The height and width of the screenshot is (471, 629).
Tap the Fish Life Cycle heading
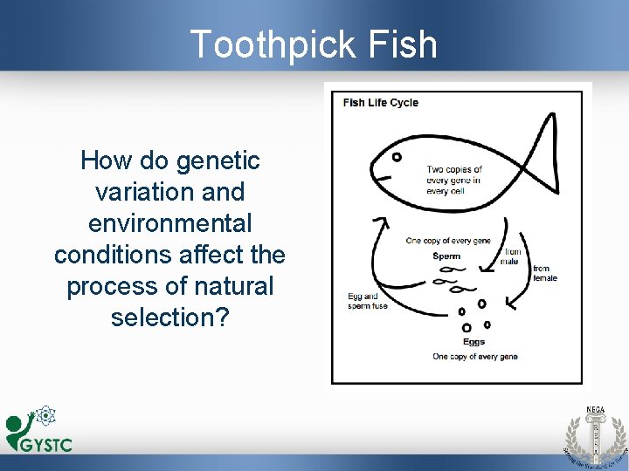tap(380, 102)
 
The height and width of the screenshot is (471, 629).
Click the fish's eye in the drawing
tap(395, 158)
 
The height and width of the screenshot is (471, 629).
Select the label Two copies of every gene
tap(453, 180)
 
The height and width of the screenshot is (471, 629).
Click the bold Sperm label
tap(446, 256)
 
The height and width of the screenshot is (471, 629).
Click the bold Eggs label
tap(473, 342)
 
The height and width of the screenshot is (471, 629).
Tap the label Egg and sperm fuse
tap(363, 302)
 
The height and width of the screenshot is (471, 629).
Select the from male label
tap(512, 257)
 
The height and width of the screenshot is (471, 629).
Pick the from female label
tap(544, 273)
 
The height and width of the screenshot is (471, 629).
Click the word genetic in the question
tap(218, 160)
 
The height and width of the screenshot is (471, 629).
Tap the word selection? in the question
tap(169, 317)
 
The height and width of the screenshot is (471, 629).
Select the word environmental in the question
tap(169, 223)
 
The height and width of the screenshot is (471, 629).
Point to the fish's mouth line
tap(383, 177)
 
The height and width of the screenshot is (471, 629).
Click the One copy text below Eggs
tap(474, 357)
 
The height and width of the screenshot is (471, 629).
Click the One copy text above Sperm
tap(448, 241)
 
